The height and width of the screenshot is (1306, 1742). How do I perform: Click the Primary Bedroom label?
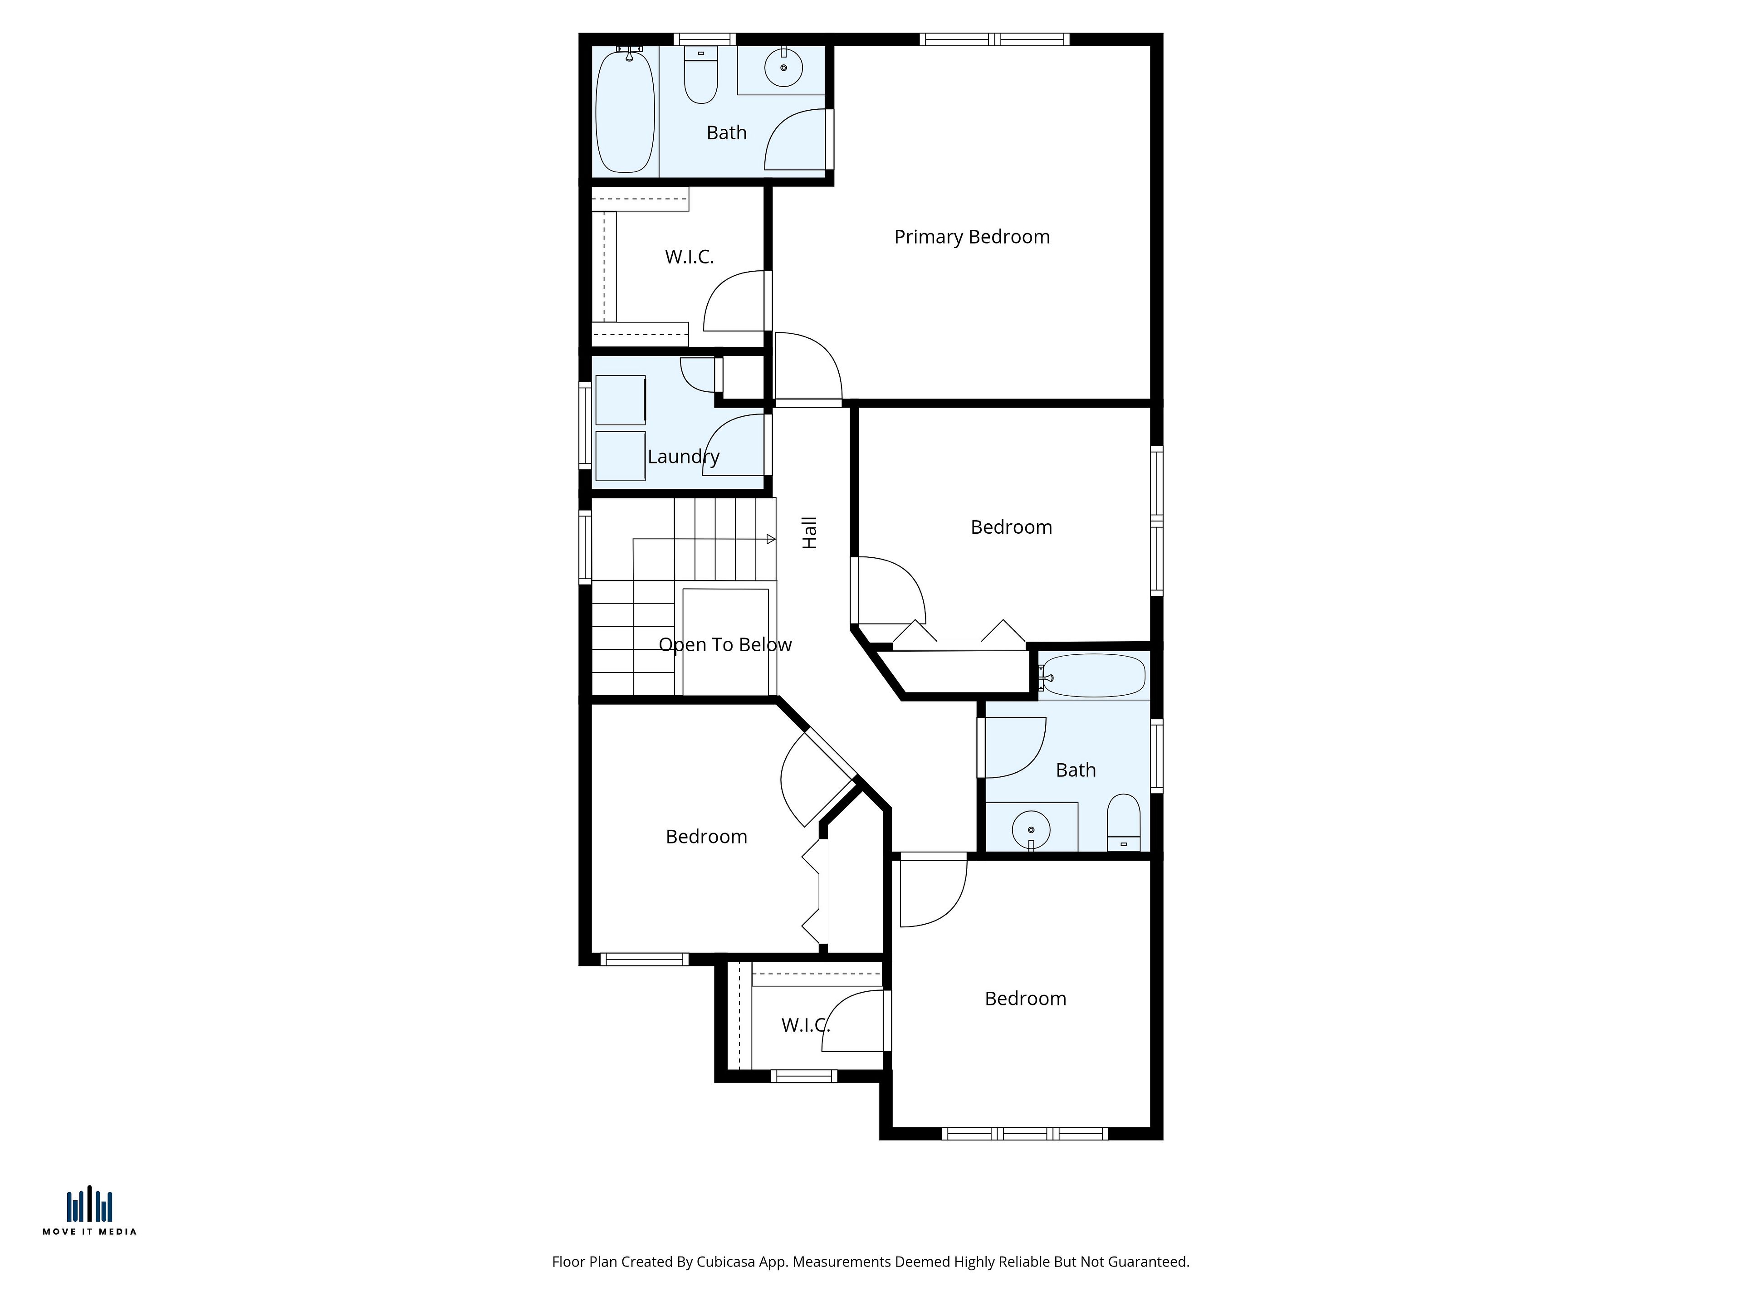pyautogui.click(x=972, y=237)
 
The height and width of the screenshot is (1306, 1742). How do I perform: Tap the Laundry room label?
pyautogui.click(x=684, y=457)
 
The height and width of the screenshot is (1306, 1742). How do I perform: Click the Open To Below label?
pyautogui.click(x=725, y=645)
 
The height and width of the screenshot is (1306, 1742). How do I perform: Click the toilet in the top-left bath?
pyautogui.click(x=701, y=76)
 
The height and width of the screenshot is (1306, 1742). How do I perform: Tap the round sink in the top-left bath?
pyautogui.click(x=783, y=68)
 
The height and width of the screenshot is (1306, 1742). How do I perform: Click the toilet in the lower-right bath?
pyautogui.click(x=1124, y=823)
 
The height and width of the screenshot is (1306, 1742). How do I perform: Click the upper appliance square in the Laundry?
pyautogui.click(x=621, y=400)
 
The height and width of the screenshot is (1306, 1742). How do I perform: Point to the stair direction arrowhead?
pyautogui.click(x=771, y=539)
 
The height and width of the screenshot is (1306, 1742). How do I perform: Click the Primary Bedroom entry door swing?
pyautogui.click(x=809, y=366)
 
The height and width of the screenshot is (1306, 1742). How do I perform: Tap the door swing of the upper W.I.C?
pyautogui.click(x=734, y=301)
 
